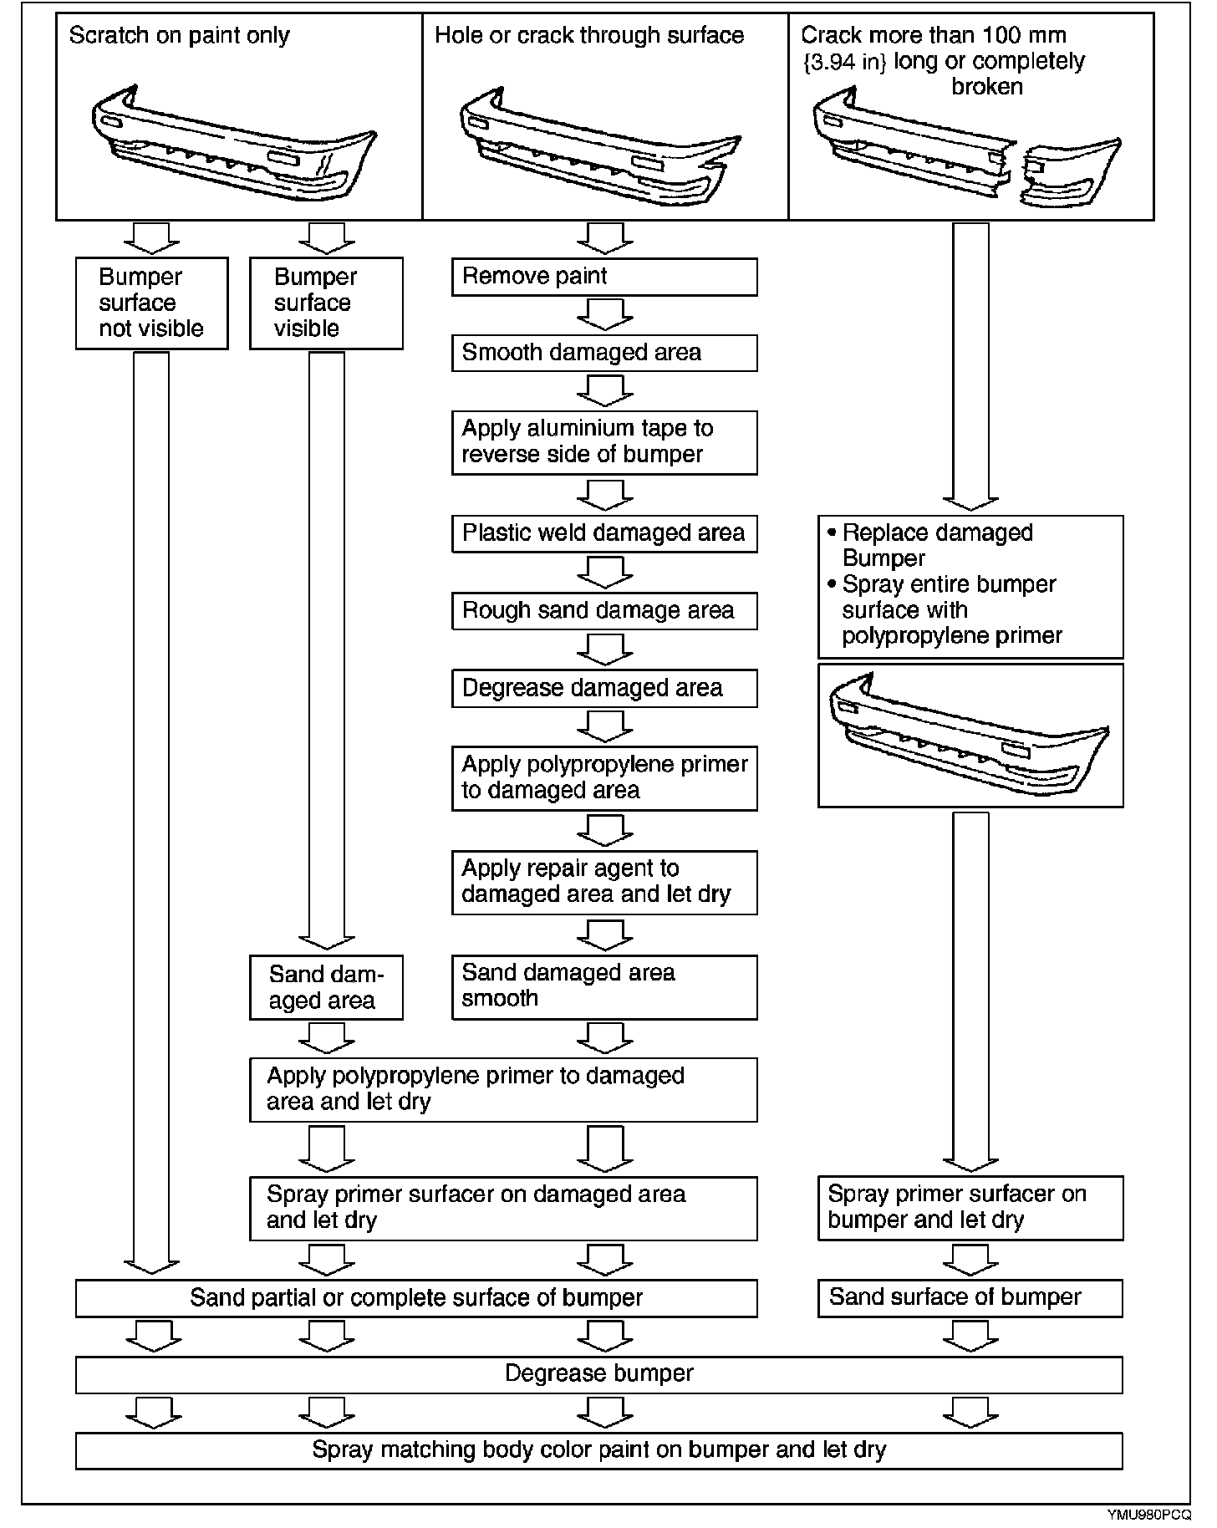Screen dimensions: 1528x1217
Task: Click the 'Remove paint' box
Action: (603, 277)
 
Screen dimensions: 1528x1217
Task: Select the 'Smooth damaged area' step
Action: (603, 353)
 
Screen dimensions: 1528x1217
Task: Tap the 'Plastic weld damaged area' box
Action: (603, 533)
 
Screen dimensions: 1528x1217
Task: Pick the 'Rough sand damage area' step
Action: (603, 611)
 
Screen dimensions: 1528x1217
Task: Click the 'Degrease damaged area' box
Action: (603, 688)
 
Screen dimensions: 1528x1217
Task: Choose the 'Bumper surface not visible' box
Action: (151, 303)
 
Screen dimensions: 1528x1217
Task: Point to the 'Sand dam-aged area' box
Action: (326, 987)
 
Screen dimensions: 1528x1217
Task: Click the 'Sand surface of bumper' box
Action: (970, 1297)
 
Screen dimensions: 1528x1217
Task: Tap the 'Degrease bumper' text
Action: (598, 1374)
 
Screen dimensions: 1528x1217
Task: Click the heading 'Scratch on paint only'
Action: (179, 36)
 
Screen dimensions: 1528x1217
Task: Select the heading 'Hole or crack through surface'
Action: (589, 36)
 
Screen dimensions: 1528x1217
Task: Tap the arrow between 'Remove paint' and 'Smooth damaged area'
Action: (604, 315)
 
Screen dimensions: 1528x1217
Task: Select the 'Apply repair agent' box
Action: (603, 882)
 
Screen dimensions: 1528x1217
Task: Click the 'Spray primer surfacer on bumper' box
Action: (970, 1207)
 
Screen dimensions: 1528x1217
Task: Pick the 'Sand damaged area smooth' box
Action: (603, 986)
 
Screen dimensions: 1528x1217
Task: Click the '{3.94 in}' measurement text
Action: (844, 62)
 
